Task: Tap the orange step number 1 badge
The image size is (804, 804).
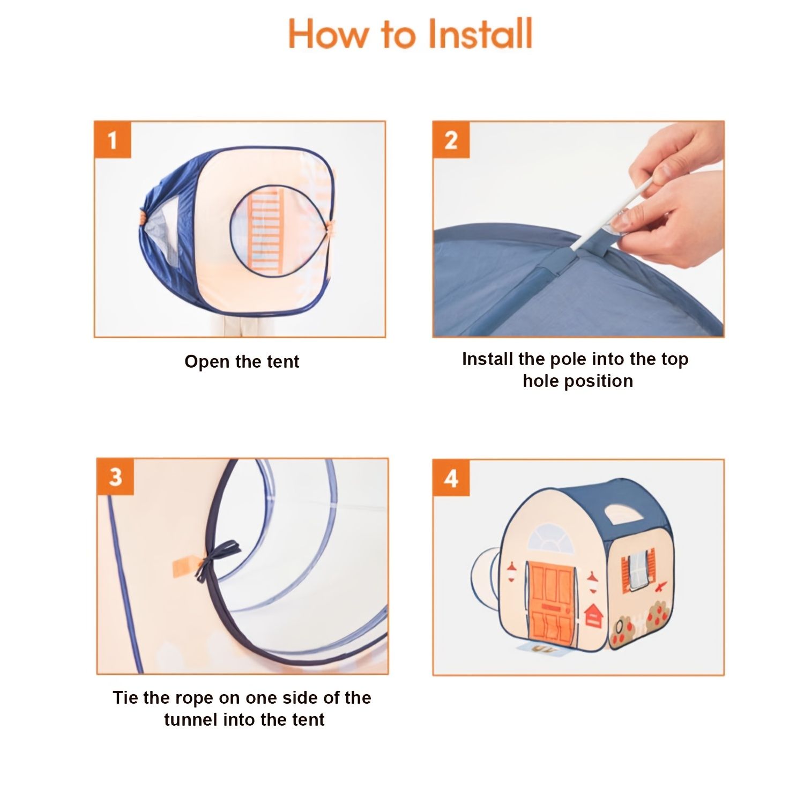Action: [113, 140]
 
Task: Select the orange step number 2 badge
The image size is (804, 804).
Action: [451, 140]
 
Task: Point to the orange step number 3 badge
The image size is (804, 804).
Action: [116, 477]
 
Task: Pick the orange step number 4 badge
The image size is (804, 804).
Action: [451, 478]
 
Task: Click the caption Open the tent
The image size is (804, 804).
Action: [242, 362]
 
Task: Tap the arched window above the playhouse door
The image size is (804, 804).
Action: [550, 539]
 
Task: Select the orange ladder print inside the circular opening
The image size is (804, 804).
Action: [266, 231]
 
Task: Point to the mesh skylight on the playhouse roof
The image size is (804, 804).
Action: [623, 514]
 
